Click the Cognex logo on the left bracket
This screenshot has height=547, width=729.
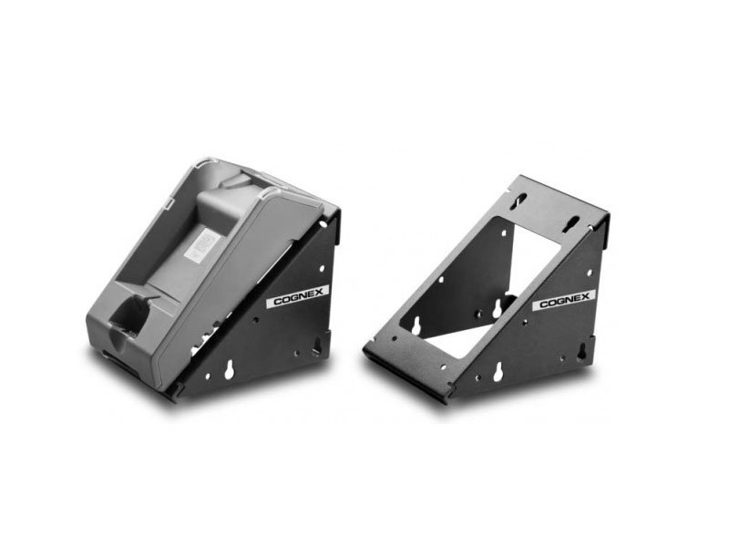pos(298,296)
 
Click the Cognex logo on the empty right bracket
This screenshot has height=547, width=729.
pos(564,300)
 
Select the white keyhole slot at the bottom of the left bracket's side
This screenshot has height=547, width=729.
pos(230,370)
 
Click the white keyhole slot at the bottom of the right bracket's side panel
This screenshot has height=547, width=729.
pos(498,372)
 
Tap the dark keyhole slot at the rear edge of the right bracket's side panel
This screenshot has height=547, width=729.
pos(580,353)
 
